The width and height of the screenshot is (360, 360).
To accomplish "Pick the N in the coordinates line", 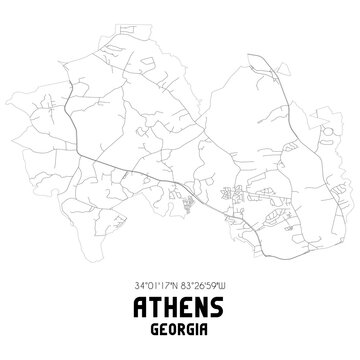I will [176, 284].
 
